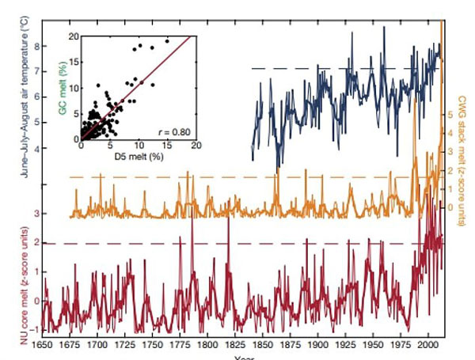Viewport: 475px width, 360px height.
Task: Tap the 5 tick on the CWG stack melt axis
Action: (x=450, y=115)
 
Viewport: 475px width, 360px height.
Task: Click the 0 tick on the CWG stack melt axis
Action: (x=450, y=207)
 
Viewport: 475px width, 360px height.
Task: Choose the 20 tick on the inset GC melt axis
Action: (x=74, y=36)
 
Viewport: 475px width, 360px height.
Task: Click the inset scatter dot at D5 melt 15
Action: (x=167, y=41)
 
